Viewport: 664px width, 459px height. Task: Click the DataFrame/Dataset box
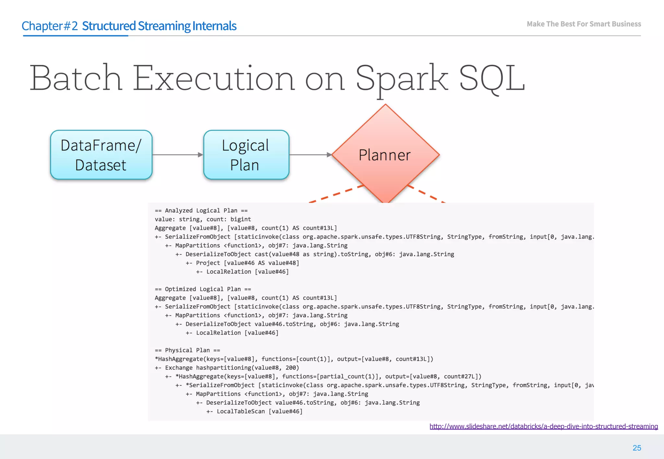[101, 155]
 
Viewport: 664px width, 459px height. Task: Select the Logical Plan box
[246, 155]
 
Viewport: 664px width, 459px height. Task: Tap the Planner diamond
[385, 155]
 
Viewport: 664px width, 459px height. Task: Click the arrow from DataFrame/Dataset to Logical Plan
[177, 155]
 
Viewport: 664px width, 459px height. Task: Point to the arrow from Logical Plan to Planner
[310, 155]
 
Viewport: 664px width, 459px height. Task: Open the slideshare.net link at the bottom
[543, 426]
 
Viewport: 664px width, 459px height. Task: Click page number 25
[636, 448]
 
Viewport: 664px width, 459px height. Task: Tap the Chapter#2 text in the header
[50, 26]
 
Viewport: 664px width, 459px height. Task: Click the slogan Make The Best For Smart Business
[584, 24]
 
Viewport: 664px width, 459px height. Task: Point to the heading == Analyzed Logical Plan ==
[201, 210]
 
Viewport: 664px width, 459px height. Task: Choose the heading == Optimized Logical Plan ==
[203, 289]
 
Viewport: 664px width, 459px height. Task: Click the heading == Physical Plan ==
[187, 350]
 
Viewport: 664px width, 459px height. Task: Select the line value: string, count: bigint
[203, 219]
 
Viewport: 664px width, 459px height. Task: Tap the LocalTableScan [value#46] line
[259, 411]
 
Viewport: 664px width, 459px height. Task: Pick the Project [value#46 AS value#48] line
[247, 263]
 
